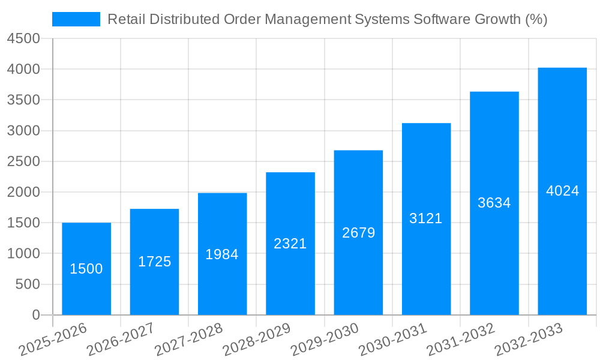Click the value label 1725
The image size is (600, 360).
[x=154, y=262]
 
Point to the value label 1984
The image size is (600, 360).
[x=222, y=254]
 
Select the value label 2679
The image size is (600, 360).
[x=358, y=233]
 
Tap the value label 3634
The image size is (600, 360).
[x=494, y=203]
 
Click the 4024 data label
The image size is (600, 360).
[x=562, y=191]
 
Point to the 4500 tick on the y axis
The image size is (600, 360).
[x=23, y=39]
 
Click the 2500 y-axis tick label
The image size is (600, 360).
[x=23, y=161]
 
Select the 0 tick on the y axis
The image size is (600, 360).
[x=35, y=315]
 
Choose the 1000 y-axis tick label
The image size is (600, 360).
[x=23, y=254]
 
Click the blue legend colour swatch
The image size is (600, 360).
[x=76, y=19]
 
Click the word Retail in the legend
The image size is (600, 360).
[x=125, y=19]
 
